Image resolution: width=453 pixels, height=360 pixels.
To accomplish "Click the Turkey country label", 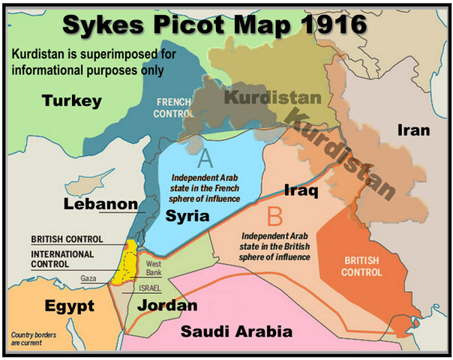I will [72, 100].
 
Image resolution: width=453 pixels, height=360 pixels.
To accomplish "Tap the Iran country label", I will [413, 130].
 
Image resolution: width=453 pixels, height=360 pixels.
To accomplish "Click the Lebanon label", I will [100, 203].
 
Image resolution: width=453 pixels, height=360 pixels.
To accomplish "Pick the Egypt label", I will [69, 306].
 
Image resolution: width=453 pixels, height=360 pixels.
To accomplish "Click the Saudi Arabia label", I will [240, 331].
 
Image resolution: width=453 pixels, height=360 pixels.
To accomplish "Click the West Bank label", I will [154, 268].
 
